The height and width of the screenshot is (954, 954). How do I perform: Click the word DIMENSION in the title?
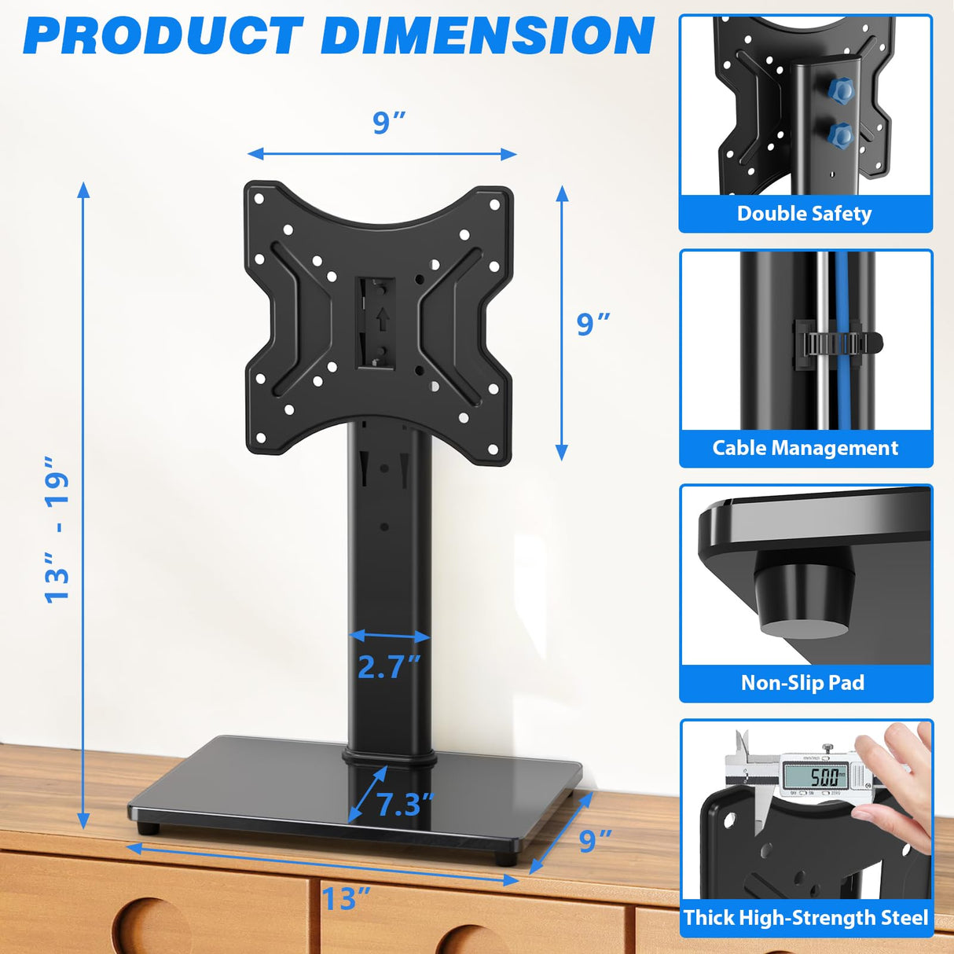487,35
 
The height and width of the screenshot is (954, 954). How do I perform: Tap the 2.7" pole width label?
389,667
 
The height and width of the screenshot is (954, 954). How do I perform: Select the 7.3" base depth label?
405,804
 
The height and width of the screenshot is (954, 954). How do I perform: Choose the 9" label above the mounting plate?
389,123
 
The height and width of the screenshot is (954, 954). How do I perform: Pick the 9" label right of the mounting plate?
593,323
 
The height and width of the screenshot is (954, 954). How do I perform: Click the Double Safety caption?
804,214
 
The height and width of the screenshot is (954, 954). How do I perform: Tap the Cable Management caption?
805,448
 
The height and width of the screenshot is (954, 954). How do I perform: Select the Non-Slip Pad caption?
802,682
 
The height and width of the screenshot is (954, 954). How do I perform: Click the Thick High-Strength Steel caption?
805,917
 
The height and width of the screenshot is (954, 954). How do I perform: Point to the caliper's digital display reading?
824,777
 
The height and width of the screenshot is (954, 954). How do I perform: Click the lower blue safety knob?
841,136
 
